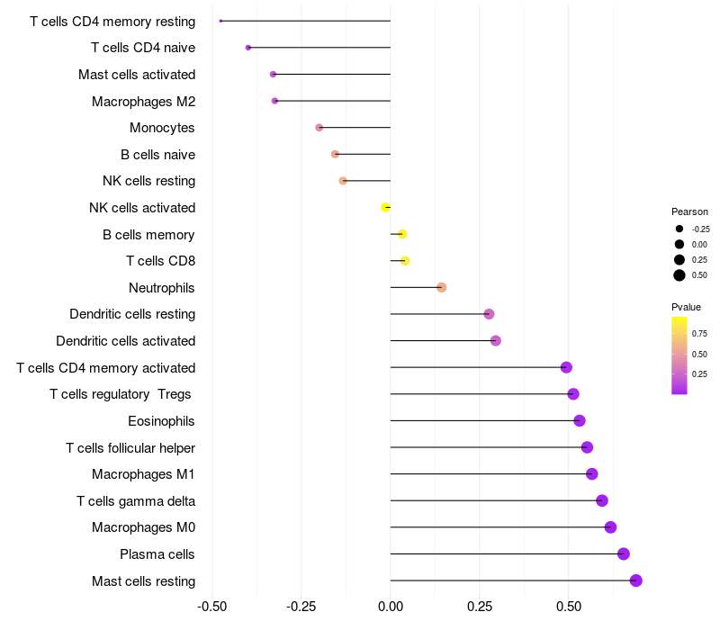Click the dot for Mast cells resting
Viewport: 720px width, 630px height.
tap(635, 580)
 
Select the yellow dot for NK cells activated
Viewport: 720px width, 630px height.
tap(386, 207)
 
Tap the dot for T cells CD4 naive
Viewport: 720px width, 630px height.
tap(248, 47)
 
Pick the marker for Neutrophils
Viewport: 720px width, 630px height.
tap(441, 287)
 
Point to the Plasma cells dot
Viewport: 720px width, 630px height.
tap(624, 553)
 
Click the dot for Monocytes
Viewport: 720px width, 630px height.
tap(319, 127)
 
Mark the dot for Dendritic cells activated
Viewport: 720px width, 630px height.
tap(496, 340)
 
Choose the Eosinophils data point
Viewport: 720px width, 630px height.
tap(580, 420)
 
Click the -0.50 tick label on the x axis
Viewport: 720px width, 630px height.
tap(211, 607)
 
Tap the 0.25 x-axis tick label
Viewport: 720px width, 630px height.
tap(479, 607)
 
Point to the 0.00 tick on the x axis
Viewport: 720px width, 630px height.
tap(391, 607)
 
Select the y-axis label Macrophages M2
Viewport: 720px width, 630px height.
tap(143, 101)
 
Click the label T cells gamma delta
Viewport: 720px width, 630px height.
tap(136, 500)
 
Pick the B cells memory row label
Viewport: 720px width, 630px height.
tap(148, 234)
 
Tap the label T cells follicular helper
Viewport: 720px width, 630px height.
tap(130, 447)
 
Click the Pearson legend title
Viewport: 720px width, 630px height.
tap(689, 211)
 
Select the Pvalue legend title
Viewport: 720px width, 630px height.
tap(687, 307)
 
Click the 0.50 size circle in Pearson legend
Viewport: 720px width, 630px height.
tap(679, 274)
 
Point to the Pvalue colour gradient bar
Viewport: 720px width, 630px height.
tap(679, 355)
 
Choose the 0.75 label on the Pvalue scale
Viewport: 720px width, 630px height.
tap(699, 333)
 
